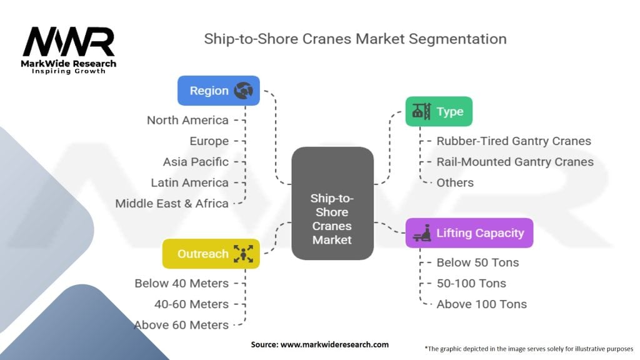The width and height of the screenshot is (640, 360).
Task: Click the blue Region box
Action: pyautogui.click(x=218, y=91)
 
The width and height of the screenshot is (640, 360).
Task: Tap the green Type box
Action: pyautogui.click(x=439, y=111)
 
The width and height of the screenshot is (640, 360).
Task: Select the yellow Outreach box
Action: pyautogui.click(x=211, y=254)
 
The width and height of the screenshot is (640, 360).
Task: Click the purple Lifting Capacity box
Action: pyautogui.click(x=469, y=233)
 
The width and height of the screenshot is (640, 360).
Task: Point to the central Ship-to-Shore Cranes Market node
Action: pyautogui.click(x=332, y=203)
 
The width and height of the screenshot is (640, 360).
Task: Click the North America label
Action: pyautogui.click(x=187, y=121)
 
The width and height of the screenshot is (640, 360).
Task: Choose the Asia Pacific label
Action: pyautogui.click(x=196, y=162)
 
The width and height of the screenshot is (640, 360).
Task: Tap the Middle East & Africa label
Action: pyautogui.click(x=172, y=203)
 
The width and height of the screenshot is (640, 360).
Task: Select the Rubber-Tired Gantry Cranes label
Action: pyautogui.click(x=514, y=141)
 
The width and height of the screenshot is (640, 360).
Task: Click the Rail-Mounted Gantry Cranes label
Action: pyautogui.click(x=515, y=162)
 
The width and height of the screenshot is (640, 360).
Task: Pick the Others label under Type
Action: pyautogui.click(x=455, y=183)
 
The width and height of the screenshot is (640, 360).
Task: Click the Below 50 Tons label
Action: pyautogui.click(x=477, y=262)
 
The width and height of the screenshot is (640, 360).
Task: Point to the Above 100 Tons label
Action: pyautogui.click(x=482, y=304)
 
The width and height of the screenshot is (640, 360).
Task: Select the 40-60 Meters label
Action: pyautogui.click(x=191, y=304)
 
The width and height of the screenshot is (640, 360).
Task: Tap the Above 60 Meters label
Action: pyautogui.click(x=182, y=325)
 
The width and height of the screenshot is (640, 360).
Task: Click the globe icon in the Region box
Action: pyautogui.click(x=243, y=91)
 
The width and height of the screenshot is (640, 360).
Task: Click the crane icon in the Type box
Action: pyautogui.click(x=421, y=111)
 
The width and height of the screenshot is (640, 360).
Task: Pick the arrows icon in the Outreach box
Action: pyautogui.click(x=243, y=254)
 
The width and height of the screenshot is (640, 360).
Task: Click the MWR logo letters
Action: pyautogui.click(x=69, y=42)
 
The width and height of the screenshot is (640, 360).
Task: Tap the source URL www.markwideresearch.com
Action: pyautogui.click(x=335, y=344)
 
